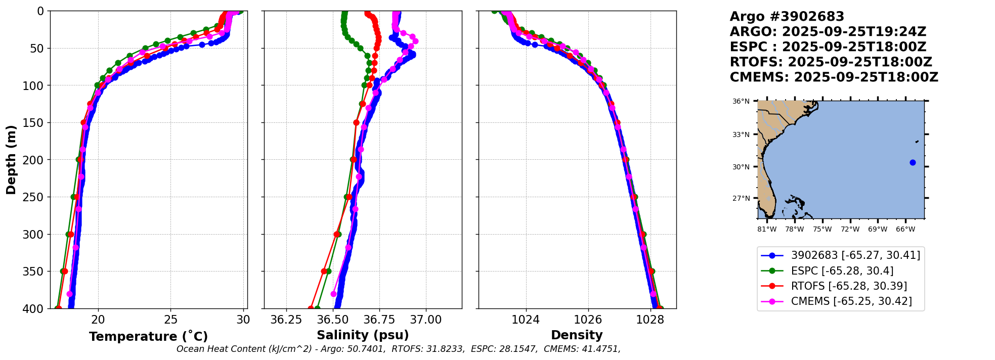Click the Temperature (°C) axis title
pyautogui.click(x=148, y=337)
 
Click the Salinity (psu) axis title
pyautogui.click(x=363, y=335)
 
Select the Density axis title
pyautogui.click(x=577, y=335)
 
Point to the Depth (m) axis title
pyautogui.click(x=11, y=160)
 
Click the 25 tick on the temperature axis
pyautogui.click(x=171, y=320)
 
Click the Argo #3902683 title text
pyautogui.click(x=787, y=17)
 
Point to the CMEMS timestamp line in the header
pyautogui.click(x=834, y=77)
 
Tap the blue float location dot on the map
pyautogui.click(x=913, y=162)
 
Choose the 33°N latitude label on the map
pyautogui.click(x=741, y=134)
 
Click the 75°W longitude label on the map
pyautogui.click(x=822, y=230)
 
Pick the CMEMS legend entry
pyautogui.click(x=851, y=301)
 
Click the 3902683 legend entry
pyautogui.click(x=855, y=255)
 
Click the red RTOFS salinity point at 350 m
pyautogui.click(x=324, y=272)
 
